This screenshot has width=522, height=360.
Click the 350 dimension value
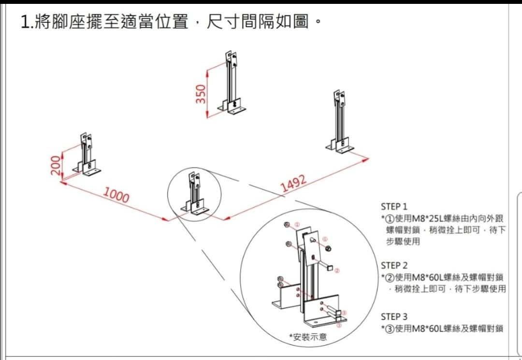coord(201,93)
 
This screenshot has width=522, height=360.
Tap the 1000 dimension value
coord(116,196)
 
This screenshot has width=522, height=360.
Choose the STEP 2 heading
coord(394,265)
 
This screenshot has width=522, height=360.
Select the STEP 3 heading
coord(394,317)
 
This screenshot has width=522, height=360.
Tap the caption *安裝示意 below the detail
coord(308,336)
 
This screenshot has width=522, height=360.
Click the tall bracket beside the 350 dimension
coord(232,85)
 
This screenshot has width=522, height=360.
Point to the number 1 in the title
coord(25,22)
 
